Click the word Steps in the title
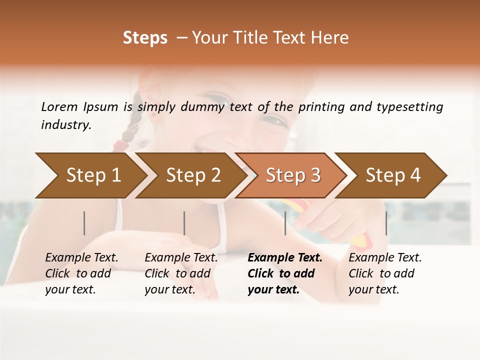[x=145, y=38]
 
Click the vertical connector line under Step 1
[x=84, y=223]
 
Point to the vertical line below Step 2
[x=184, y=223]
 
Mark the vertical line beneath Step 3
[x=285, y=223]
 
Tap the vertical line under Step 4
[x=386, y=223]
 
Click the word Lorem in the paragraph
[x=59, y=106]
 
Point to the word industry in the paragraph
[x=66, y=125]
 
